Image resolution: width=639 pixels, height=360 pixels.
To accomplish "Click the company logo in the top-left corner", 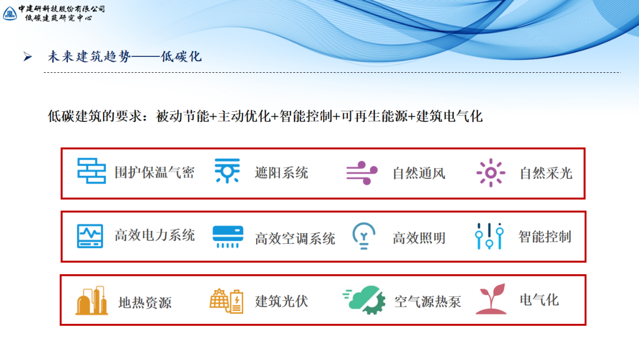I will click(x=9, y=12).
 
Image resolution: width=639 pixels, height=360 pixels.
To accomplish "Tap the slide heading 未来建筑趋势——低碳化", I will click(x=125, y=57).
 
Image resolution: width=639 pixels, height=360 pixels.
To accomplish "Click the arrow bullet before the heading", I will click(x=27, y=57).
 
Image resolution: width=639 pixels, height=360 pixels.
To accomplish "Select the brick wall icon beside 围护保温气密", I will click(x=92, y=171).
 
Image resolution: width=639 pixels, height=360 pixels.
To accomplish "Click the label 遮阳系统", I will click(x=281, y=173).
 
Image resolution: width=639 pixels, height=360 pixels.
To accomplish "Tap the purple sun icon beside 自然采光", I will click(x=490, y=173).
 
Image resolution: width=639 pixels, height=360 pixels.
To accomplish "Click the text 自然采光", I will click(x=546, y=173).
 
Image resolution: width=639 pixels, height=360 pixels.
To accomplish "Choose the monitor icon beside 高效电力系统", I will click(x=90, y=236).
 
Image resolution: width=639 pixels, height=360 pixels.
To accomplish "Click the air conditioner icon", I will click(x=227, y=236).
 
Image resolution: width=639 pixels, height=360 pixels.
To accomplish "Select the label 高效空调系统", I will click(x=295, y=238).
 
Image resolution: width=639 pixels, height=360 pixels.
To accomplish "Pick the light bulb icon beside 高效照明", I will click(x=364, y=236).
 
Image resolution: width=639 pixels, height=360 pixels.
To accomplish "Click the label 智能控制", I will click(x=544, y=237).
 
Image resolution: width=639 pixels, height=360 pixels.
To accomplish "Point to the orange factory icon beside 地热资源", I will click(x=92, y=300).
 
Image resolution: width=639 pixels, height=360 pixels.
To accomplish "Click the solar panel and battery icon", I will click(x=226, y=301).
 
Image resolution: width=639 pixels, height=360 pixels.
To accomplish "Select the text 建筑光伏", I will click(x=281, y=301).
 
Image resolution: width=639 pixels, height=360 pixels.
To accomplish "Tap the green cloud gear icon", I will click(x=364, y=300).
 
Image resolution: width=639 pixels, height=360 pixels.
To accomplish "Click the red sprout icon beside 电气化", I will click(x=490, y=299).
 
